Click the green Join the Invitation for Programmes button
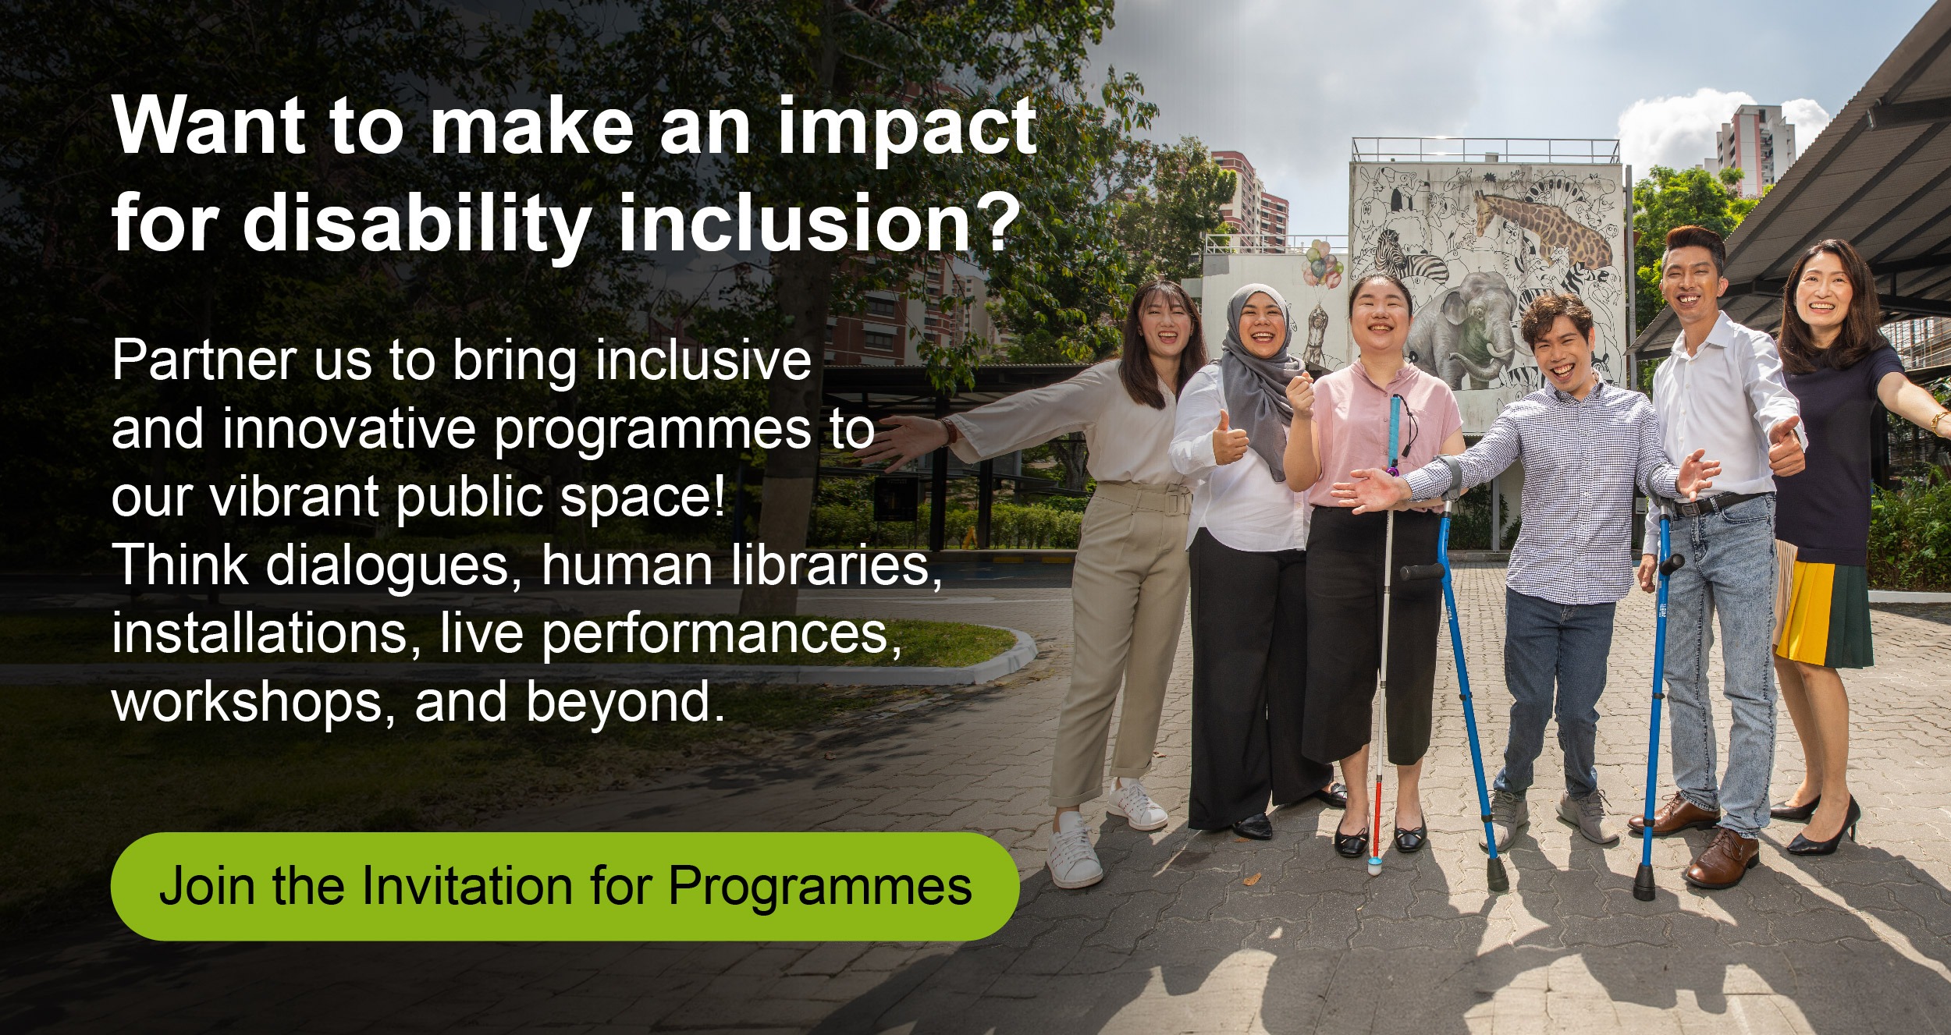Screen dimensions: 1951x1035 [x=565, y=886]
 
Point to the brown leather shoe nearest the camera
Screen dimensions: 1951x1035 [x=1721, y=859]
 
